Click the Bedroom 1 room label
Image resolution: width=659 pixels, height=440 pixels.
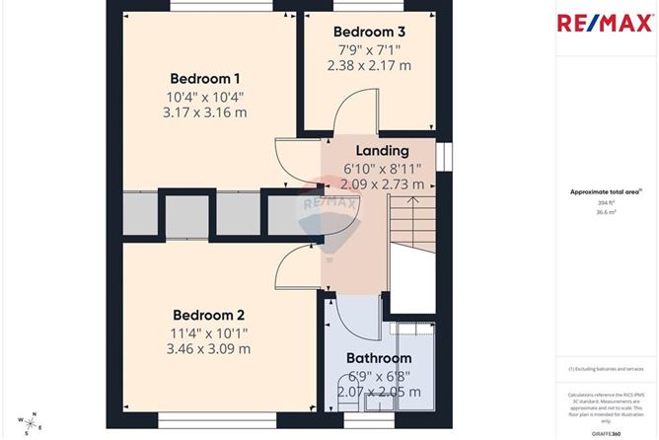(205, 79)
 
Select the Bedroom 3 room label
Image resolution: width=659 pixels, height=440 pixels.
(370, 32)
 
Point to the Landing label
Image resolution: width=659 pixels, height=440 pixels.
(382, 151)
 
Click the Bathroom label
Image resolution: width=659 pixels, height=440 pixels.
(378, 358)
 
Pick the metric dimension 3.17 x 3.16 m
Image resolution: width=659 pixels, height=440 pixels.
(205, 113)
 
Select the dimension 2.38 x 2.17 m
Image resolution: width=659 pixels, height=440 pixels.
(370, 65)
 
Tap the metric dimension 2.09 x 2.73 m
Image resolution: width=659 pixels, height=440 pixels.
(382, 183)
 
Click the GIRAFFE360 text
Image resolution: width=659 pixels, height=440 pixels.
(606, 432)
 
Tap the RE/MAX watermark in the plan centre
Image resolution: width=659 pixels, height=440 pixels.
(331, 195)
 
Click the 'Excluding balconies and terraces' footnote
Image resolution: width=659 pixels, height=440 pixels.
(606, 369)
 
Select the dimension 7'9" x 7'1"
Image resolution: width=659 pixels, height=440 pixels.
(370, 49)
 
